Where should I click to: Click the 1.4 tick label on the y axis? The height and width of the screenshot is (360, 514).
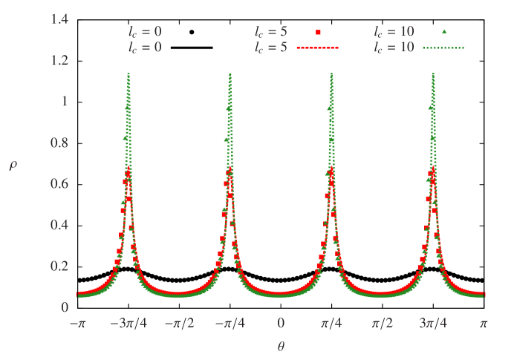point(59,19)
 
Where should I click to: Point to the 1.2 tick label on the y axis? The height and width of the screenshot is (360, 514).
point(59,60)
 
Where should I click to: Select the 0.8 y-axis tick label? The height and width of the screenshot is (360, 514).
point(59,143)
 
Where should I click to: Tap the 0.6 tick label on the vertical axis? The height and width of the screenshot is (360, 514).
point(59,183)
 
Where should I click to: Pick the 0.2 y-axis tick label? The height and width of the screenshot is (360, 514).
point(59,266)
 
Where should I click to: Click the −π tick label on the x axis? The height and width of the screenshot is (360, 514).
point(77,324)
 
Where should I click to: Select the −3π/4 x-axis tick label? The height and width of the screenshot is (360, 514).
point(128,324)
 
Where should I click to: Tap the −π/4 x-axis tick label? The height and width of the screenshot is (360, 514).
point(230,324)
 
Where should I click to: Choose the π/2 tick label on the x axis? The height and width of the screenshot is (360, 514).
point(382,324)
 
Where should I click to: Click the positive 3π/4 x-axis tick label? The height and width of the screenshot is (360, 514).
point(433,324)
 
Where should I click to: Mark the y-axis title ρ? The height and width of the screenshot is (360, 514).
point(13,165)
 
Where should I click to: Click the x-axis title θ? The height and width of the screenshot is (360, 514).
point(281,346)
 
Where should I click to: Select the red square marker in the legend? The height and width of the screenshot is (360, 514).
point(318,32)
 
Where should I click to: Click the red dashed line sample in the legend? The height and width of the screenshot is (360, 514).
point(317,48)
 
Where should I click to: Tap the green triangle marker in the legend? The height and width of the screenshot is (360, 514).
point(443,32)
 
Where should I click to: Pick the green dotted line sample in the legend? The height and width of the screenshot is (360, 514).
point(443,48)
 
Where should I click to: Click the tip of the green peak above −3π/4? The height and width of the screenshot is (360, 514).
point(129,73)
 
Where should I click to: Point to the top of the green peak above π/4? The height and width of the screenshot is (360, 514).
point(331,73)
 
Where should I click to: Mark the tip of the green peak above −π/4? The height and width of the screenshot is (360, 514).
point(230,73)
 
